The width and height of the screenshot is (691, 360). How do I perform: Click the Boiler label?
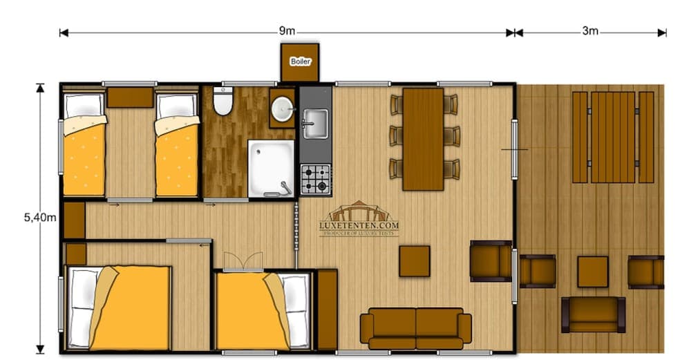[x=300, y=61]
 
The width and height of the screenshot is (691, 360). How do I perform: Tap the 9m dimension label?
[x=287, y=31]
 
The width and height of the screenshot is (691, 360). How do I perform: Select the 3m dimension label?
[x=589, y=31]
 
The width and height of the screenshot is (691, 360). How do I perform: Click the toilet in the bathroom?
[x=223, y=102]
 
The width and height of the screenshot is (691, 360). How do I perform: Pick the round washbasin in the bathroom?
[x=282, y=108]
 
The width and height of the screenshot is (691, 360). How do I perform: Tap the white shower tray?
[x=271, y=169]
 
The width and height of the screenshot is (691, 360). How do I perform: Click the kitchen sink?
[x=315, y=124]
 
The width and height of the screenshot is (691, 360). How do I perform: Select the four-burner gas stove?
[x=315, y=179]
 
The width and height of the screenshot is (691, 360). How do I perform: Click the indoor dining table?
[x=423, y=138]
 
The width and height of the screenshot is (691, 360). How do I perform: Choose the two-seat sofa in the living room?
[x=415, y=328]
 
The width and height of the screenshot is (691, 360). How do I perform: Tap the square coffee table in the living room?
[x=414, y=261]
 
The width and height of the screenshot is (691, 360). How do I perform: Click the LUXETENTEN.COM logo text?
[x=359, y=225]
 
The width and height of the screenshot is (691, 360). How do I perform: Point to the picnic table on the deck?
[x=613, y=137]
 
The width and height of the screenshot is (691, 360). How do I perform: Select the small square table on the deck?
[x=592, y=271]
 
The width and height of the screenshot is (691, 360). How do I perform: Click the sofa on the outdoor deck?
[x=593, y=314]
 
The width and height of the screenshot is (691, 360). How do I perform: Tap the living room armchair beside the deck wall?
[x=490, y=261]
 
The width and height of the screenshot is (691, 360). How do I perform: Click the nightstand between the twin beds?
[x=130, y=97]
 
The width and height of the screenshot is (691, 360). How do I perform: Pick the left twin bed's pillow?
[x=84, y=106]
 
